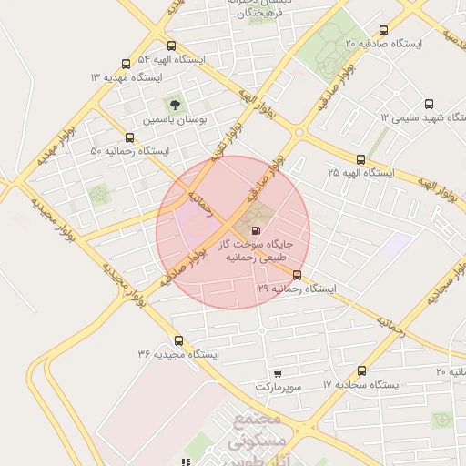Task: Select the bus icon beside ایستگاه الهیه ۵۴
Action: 171,46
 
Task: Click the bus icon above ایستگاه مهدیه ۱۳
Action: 126,64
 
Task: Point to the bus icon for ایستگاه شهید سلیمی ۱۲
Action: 430,103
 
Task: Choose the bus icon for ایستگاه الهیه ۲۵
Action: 361,159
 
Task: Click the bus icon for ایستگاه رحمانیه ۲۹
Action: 297,275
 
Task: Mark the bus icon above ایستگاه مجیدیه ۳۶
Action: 178,339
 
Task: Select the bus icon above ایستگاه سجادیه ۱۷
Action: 361,371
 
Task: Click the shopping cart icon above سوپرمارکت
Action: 278,373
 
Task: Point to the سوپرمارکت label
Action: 277,387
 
